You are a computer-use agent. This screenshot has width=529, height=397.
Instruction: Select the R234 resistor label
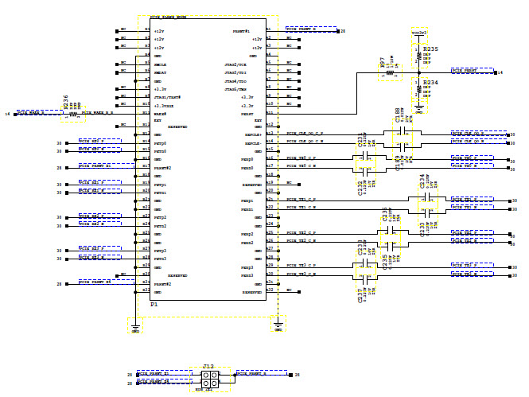pyautogui.click(x=430, y=82)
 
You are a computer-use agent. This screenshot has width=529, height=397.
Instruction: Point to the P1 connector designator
pyautogui.click(x=154, y=304)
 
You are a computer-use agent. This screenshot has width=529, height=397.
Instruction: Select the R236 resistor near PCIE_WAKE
pyautogui.click(x=67, y=103)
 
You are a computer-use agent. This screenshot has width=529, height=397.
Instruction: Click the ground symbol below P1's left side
pyautogui.click(x=136, y=326)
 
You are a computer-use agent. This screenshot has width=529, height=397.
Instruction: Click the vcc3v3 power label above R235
pyautogui.click(x=421, y=33)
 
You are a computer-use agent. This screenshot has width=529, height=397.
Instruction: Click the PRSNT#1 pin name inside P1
pyautogui.click(x=242, y=31)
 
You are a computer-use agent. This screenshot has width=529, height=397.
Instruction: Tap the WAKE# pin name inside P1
pyautogui.click(x=160, y=114)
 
